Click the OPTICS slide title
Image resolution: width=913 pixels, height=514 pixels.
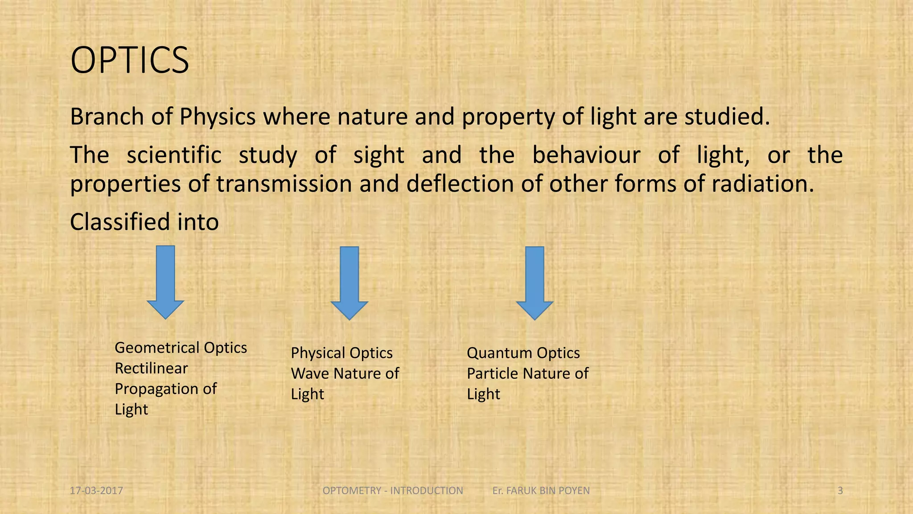[x=130, y=60]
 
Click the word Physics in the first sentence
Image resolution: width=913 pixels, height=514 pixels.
[x=218, y=117]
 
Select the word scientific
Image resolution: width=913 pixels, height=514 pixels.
[x=174, y=155]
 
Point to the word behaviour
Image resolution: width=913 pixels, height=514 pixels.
[x=586, y=155]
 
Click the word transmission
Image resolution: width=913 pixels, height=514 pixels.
[x=284, y=184]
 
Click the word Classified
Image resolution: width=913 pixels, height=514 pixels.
[x=120, y=222]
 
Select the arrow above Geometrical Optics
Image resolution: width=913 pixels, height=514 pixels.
[x=165, y=282]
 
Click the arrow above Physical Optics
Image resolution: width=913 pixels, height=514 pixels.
[x=349, y=283]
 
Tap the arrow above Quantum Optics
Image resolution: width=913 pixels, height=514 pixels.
[x=535, y=283]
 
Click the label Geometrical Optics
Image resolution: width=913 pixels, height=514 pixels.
[x=181, y=348]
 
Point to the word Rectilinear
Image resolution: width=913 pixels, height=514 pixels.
[x=151, y=369]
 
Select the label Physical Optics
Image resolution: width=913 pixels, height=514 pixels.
[x=341, y=353]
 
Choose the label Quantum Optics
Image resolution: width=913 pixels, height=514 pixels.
[x=523, y=353]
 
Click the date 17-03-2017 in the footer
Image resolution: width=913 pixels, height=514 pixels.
[x=96, y=491]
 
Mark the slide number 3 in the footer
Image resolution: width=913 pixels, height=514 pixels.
[x=840, y=491]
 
